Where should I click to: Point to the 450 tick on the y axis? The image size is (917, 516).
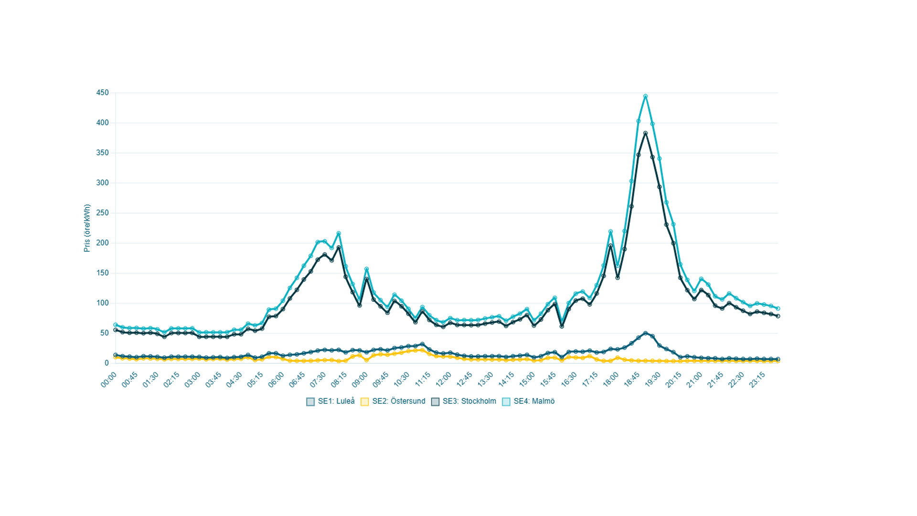103,93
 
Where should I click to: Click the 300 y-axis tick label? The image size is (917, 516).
103,183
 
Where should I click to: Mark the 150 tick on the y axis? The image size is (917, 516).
103,273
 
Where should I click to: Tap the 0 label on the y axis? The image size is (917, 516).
107,363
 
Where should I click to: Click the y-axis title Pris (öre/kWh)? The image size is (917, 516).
87,228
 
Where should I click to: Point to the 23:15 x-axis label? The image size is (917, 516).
757,380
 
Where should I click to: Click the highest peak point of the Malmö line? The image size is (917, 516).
645,97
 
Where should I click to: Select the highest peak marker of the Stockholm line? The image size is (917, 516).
645,133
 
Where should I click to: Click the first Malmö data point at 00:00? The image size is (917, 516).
116,325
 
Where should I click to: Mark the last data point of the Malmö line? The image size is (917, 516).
778,309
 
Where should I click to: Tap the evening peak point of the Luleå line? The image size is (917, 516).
645,333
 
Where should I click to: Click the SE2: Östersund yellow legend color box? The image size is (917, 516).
365,402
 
